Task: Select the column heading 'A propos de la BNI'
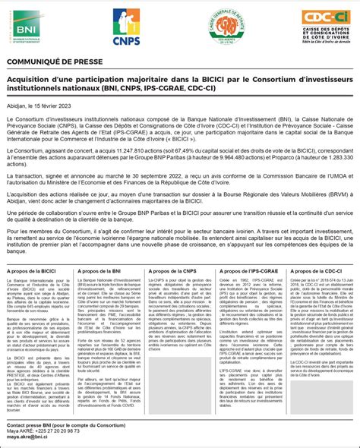99,271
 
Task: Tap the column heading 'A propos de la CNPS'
172,271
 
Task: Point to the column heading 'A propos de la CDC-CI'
315,271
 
